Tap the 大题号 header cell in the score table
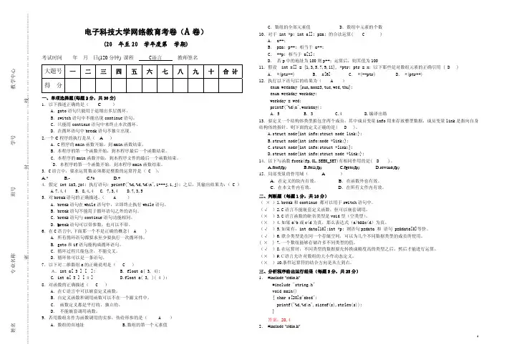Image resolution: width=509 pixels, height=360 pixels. [52, 72]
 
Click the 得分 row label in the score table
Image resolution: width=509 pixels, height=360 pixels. [52, 85]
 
